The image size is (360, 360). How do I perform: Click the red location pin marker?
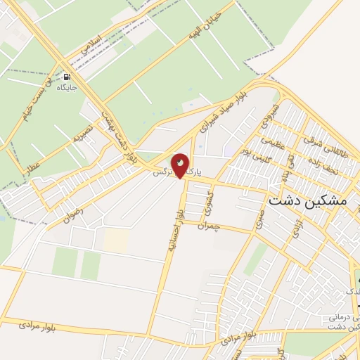[181, 165]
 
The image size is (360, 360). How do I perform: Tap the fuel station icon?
[67, 77]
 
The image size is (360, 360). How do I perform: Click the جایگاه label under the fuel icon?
[67, 89]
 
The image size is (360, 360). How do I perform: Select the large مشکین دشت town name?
[307, 200]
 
